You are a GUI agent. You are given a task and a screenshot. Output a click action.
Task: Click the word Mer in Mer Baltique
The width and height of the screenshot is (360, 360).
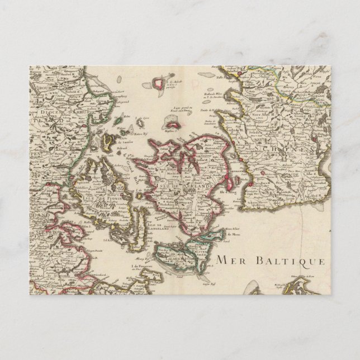click(x=228, y=259)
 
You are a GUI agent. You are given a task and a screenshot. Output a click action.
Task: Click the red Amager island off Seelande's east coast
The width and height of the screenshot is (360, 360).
click(x=230, y=180)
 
